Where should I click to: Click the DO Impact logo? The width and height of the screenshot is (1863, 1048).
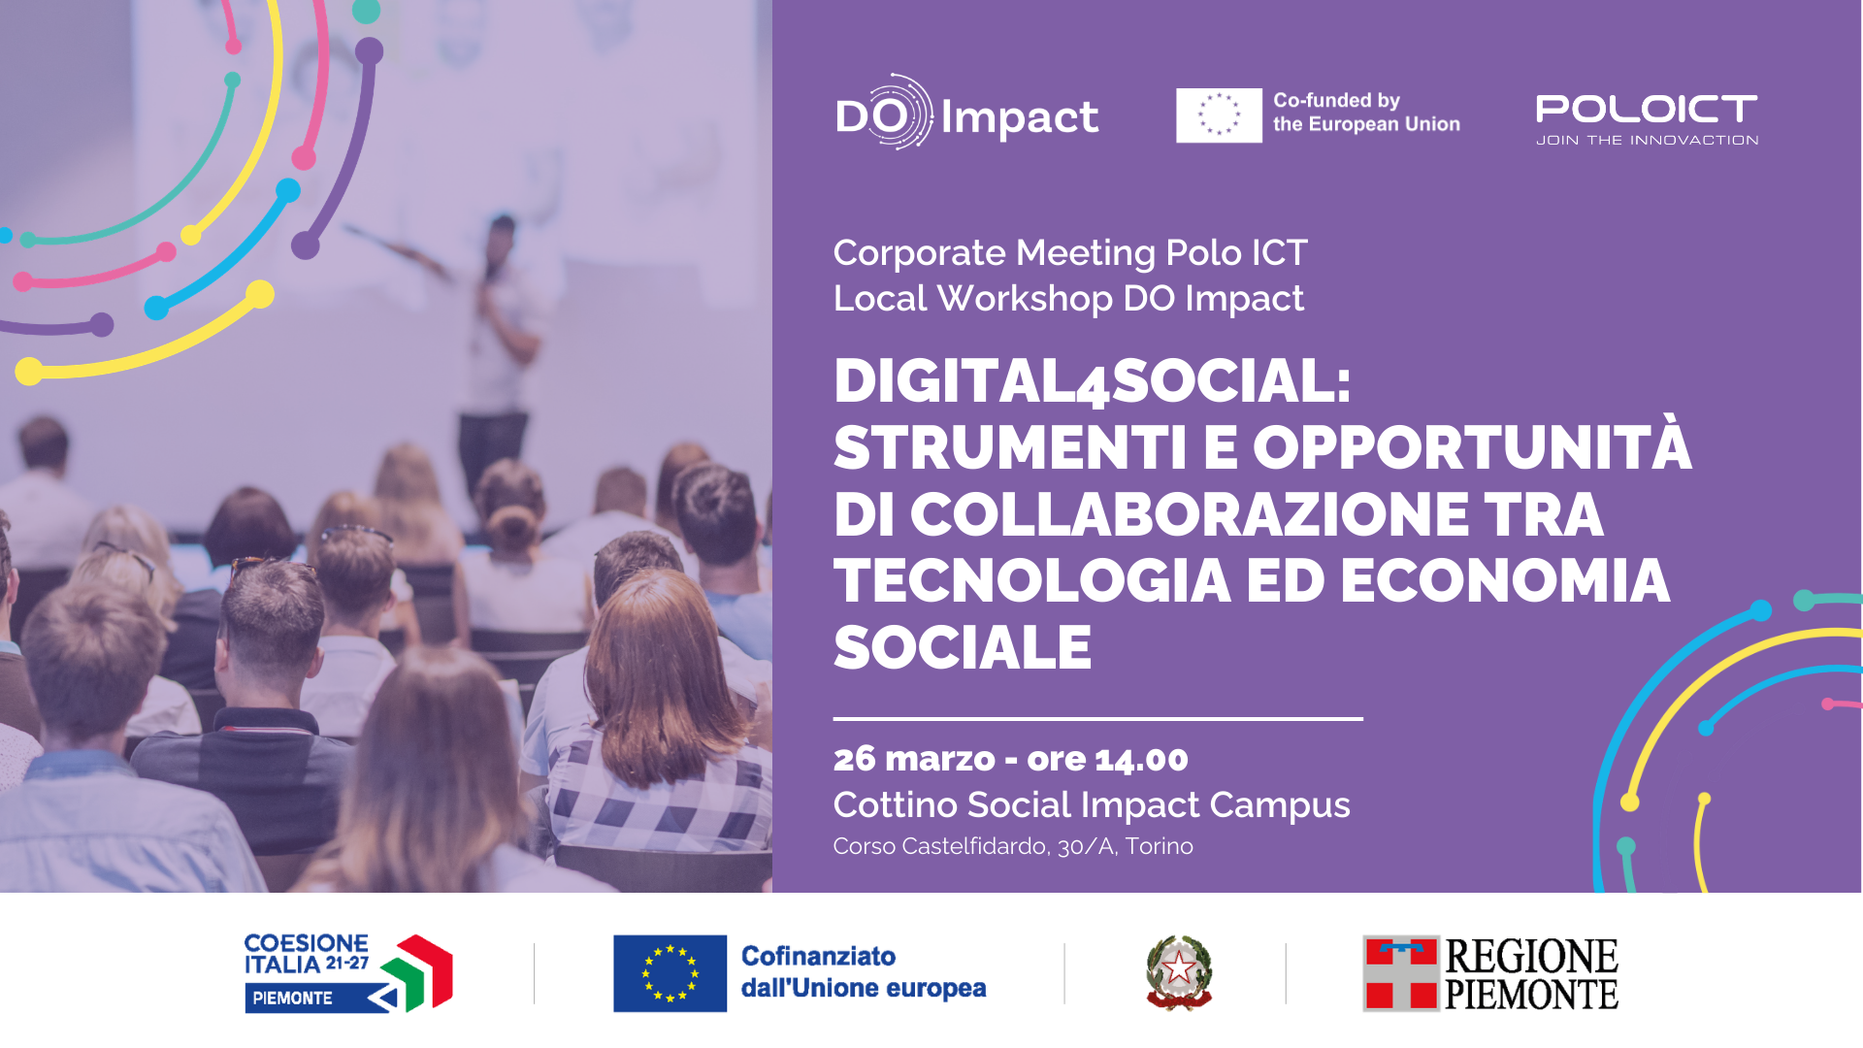pyautogui.click(x=966, y=113)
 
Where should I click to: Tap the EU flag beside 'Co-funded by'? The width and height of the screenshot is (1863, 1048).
pyautogui.click(x=1219, y=115)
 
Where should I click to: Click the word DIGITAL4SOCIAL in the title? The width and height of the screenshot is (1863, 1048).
pyautogui.click(x=1092, y=380)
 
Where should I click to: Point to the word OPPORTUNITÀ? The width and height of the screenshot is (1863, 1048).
pyautogui.click(x=1472, y=446)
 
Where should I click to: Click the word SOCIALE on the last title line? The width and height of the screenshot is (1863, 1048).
pyautogui.click(x=963, y=647)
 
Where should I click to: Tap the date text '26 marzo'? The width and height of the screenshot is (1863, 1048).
pyautogui.click(x=914, y=759)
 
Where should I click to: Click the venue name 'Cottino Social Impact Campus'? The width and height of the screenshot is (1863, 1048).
pyautogui.click(x=1092, y=805)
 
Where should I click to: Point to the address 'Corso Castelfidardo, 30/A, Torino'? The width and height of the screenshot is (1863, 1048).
pyautogui.click(x=1013, y=846)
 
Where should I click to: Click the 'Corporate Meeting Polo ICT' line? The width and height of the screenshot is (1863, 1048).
pyautogui.click(x=1070, y=252)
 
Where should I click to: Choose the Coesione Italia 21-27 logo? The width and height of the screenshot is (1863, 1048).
pyautogui.click(x=348, y=973)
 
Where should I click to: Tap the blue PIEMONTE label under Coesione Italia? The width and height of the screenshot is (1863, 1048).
pyautogui.click(x=292, y=998)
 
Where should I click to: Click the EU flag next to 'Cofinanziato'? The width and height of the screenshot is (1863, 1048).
pyautogui.click(x=670, y=973)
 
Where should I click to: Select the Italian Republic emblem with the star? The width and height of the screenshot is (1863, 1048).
pyautogui.click(x=1179, y=972)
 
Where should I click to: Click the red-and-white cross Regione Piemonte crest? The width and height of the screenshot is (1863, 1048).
pyautogui.click(x=1401, y=973)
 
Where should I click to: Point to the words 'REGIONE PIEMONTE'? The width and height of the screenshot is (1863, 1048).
pyautogui.click(x=1531, y=974)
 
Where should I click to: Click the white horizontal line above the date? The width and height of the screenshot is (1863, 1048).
pyautogui.click(x=1098, y=719)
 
